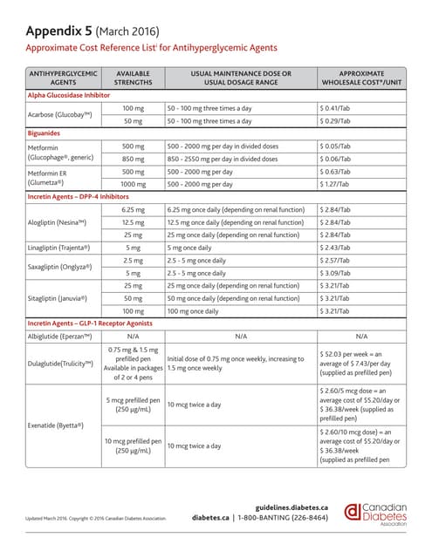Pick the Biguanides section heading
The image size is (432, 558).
click(x=49, y=134)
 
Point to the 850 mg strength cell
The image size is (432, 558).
click(x=134, y=160)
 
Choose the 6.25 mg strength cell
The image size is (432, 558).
click(x=134, y=210)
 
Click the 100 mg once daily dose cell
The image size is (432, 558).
click(x=195, y=310)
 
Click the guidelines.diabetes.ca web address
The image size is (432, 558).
click(x=291, y=507)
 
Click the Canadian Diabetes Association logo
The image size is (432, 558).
click(x=376, y=514)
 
